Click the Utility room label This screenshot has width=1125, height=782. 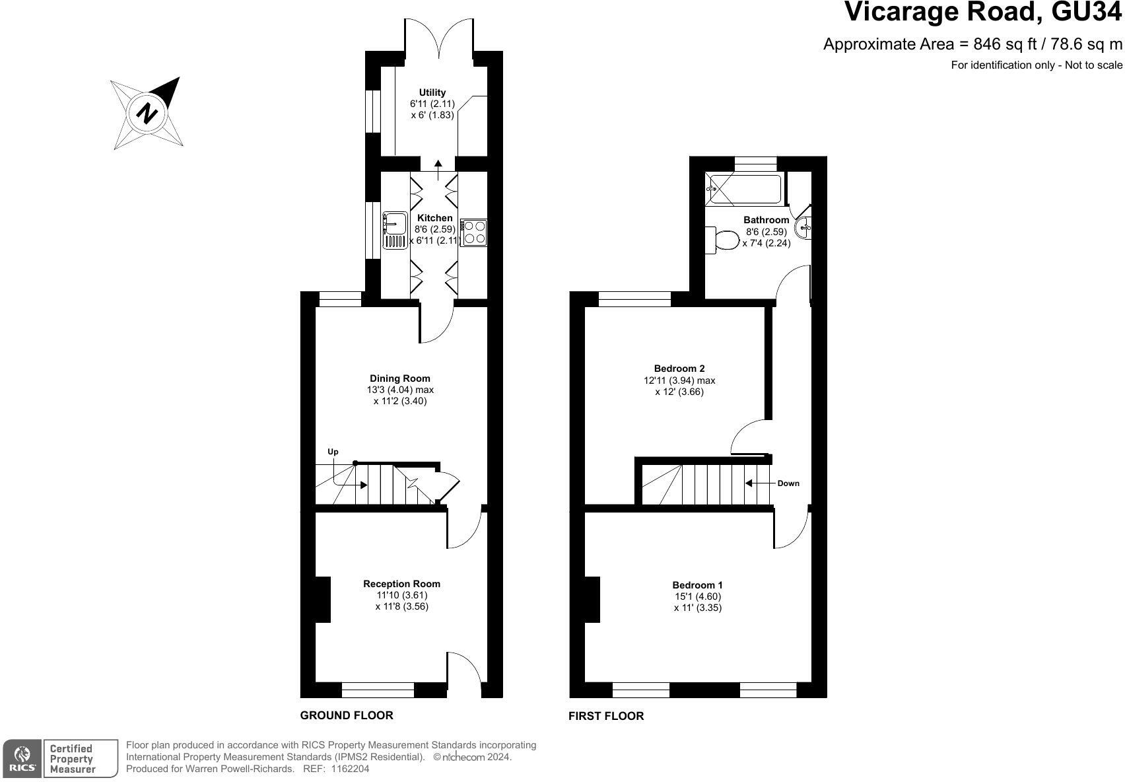click(x=432, y=92)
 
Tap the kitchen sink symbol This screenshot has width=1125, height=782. click(x=395, y=231)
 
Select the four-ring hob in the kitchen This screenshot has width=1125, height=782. click(x=473, y=232)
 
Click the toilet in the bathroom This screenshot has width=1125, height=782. click(x=722, y=240)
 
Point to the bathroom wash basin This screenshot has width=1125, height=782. click(x=803, y=228)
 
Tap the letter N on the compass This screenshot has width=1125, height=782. click(x=147, y=113)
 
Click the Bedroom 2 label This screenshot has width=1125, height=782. click(x=679, y=369)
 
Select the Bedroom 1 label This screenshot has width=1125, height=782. click(x=697, y=585)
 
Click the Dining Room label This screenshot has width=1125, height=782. click(x=400, y=378)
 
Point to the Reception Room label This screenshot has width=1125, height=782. click(x=401, y=584)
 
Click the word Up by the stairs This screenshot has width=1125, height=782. click(x=333, y=452)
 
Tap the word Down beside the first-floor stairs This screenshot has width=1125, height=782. click(x=788, y=483)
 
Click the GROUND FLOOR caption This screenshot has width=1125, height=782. click(x=347, y=715)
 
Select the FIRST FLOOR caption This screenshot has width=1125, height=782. click(x=605, y=716)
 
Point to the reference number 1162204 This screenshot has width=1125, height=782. click(x=350, y=769)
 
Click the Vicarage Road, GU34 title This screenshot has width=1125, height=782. click(x=983, y=11)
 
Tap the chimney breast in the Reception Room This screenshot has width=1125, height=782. click(x=322, y=600)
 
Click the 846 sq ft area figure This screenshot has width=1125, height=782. click(x=1005, y=45)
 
